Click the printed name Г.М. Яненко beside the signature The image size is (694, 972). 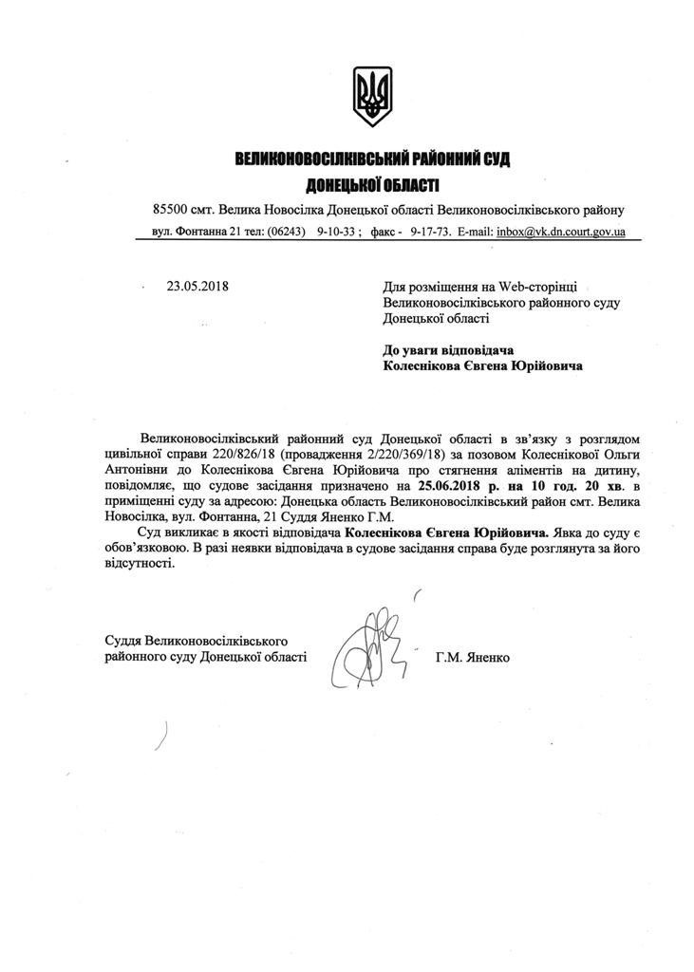pos(472,656)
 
